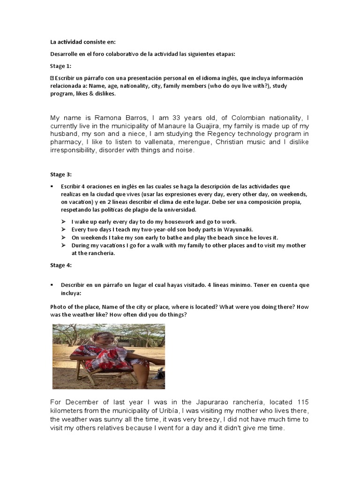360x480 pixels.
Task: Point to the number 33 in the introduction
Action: tap(160, 118)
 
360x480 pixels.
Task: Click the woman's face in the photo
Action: tap(109, 337)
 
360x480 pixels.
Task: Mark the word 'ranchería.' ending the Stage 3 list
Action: tap(101, 254)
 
